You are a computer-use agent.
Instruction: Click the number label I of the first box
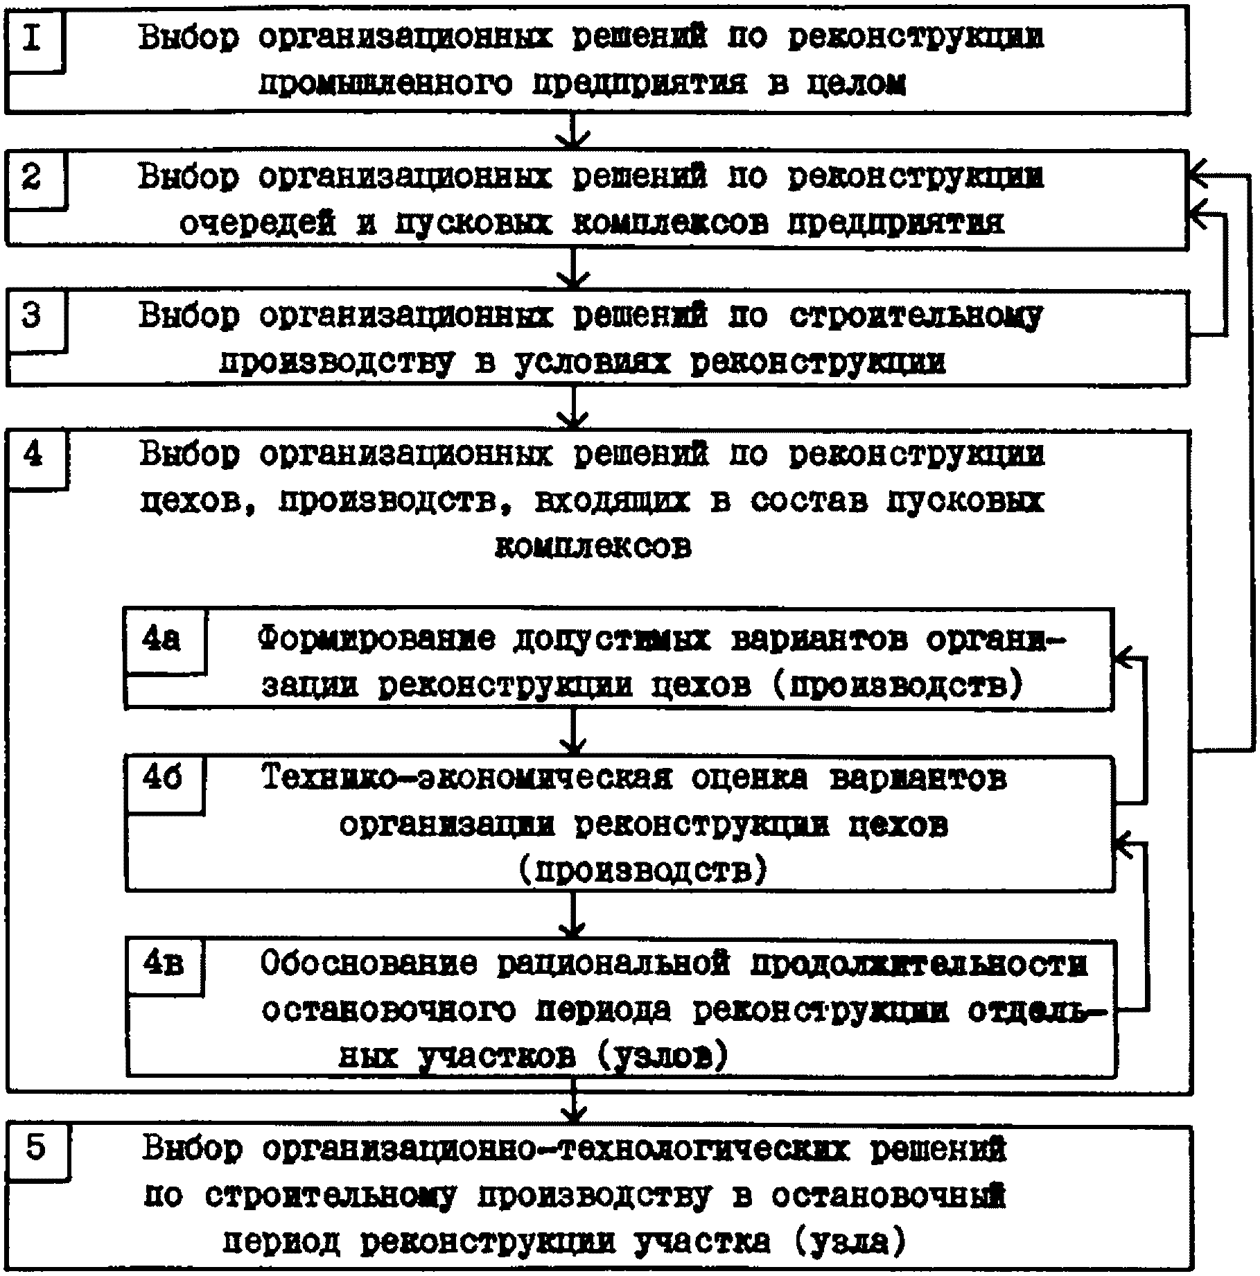33,38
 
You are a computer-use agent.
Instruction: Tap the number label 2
33,178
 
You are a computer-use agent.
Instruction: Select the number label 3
33,316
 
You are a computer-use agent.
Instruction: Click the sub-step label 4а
161,639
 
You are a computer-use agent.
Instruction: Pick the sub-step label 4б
162,779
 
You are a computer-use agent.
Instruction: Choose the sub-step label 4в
163,964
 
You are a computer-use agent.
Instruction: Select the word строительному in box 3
915,317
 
